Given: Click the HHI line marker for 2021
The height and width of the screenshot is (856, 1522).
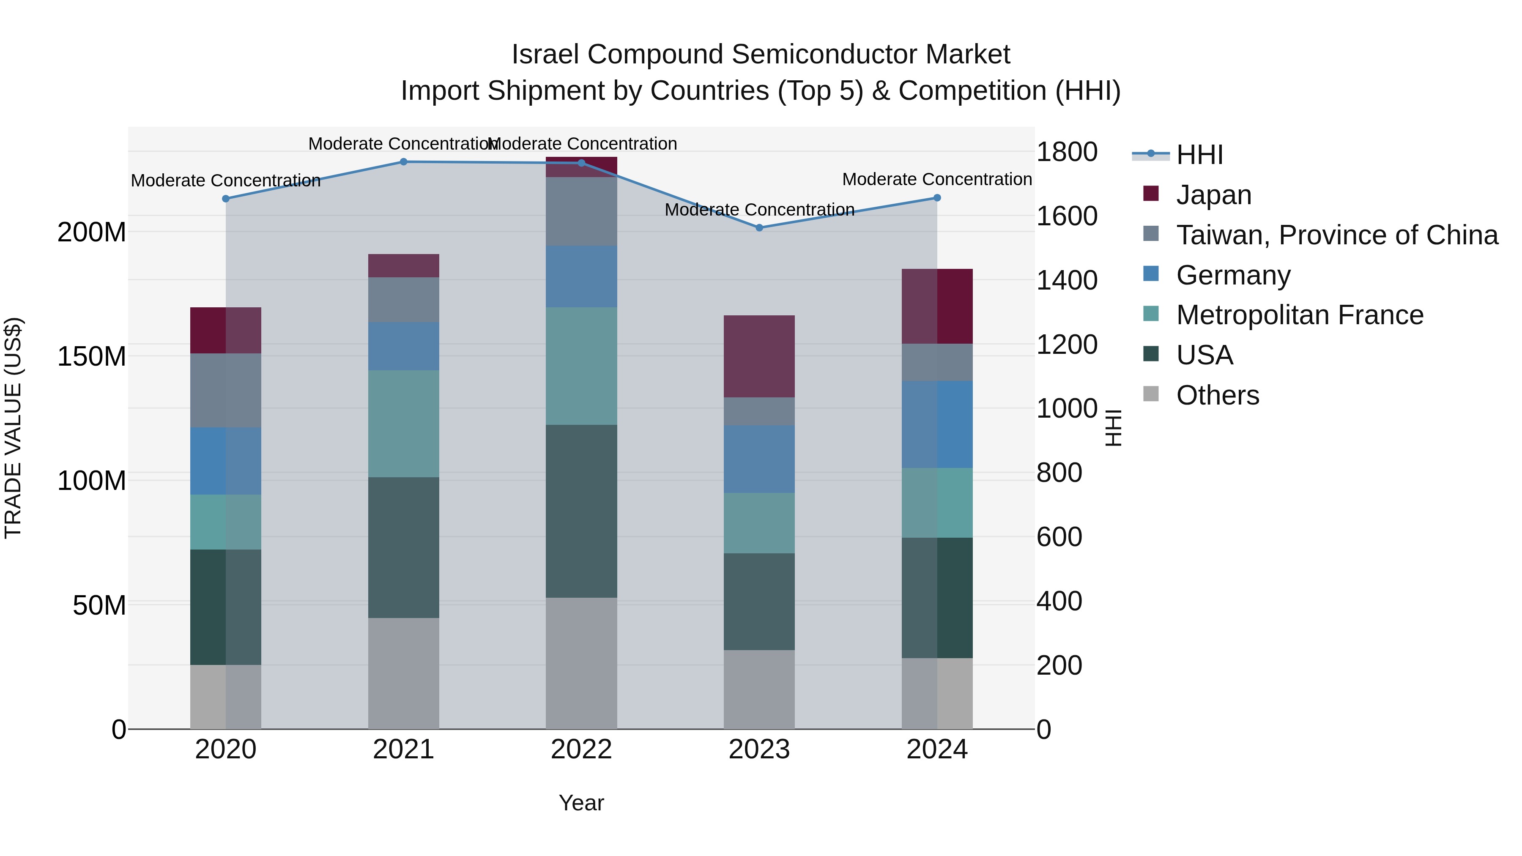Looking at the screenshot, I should pyautogui.click(x=404, y=161).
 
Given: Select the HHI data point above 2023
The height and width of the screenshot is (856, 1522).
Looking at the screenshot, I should pyautogui.click(x=759, y=227).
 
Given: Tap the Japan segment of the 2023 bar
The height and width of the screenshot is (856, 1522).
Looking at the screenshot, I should pyautogui.click(x=759, y=356).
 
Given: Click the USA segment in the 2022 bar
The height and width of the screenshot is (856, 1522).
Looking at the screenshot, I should pyautogui.click(x=581, y=511).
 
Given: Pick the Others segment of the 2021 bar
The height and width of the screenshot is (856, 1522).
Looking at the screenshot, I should pyautogui.click(x=404, y=673).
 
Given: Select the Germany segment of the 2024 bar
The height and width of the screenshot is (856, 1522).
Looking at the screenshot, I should pyautogui.click(x=937, y=424).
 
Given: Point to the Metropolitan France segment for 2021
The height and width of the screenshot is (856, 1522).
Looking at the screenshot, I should pyautogui.click(x=404, y=424).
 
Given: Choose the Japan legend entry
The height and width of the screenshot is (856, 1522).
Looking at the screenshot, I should pyautogui.click(x=1213, y=194).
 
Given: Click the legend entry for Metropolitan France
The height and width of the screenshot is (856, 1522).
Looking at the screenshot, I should pyautogui.click(x=1299, y=315).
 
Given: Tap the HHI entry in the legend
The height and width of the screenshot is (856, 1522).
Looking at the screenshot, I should pyautogui.click(x=1199, y=155).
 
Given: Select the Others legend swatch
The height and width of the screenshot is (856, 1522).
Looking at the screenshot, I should pyautogui.click(x=1151, y=394).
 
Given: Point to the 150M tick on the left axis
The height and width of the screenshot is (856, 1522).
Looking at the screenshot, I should pyautogui.click(x=92, y=357).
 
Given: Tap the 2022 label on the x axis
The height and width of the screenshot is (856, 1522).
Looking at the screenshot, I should pyautogui.click(x=581, y=749).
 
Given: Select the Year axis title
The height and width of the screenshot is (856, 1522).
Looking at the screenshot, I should pyautogui.click(x=581, y=803).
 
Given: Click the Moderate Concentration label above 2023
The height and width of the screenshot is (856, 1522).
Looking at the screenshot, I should pyautogui.click(x=759, y=210).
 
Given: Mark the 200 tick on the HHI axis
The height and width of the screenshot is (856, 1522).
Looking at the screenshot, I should pyautogui.click(x=1059, y=665).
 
